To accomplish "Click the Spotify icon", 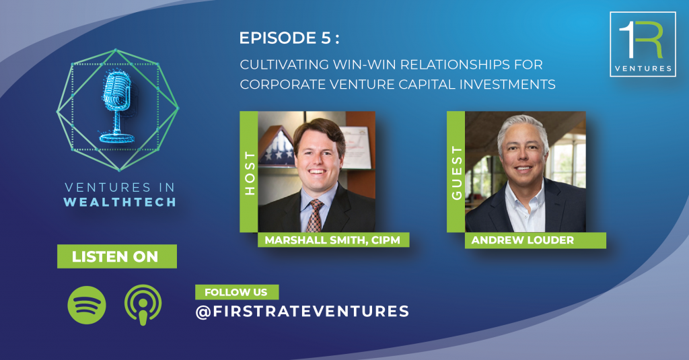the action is point(87,305).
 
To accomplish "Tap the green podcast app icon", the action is point(143,305).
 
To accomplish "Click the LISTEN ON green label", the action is point(117,256).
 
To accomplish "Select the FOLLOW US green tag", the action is point(237,292).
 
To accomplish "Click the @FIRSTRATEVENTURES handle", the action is point(302,311).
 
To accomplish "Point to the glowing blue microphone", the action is point(117,107).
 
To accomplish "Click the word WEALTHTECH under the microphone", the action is point(120,202).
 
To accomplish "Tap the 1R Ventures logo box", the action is point(643,44).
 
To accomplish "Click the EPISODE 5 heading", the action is point(289,38).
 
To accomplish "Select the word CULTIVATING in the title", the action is point(285,65).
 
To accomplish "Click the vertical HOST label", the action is point(249,173).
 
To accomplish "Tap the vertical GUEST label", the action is point(457,173).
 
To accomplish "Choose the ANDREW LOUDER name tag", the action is point(535,240).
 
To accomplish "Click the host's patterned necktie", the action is point(315,215).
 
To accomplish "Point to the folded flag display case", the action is point(276,147).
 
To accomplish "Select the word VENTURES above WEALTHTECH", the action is point(108,188).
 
